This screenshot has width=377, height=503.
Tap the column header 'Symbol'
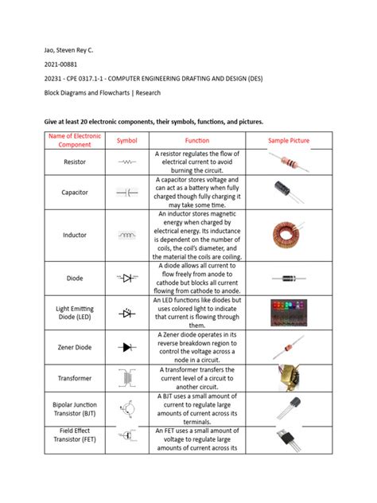[127, 141]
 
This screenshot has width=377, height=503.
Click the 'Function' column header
[196, 141]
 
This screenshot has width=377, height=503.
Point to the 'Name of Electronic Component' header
[75, 141]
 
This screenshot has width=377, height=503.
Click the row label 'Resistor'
[75, 162]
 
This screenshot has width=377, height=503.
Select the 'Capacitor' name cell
[75, 193]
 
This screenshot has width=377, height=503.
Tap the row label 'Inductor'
[75, 236]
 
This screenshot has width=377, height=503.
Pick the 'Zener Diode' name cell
[75, 347]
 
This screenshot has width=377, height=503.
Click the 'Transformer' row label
[75, 379]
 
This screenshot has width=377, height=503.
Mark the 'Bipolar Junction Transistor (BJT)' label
[75, 409]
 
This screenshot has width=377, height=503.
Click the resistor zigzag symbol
[127, 162]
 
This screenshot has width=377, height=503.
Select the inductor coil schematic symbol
[127, 236]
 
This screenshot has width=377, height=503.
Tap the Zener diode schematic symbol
[127, 347]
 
